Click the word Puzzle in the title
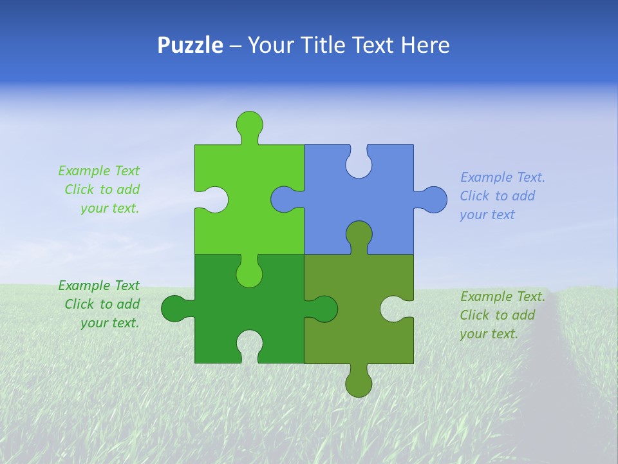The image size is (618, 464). [x=190, y=45]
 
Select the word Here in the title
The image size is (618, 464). [x=425, y=45]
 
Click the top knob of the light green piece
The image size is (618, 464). [x=249, y=124]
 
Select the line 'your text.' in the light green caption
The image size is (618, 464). [x=109, y=208]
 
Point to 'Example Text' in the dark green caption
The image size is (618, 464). [x=98, y=285]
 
